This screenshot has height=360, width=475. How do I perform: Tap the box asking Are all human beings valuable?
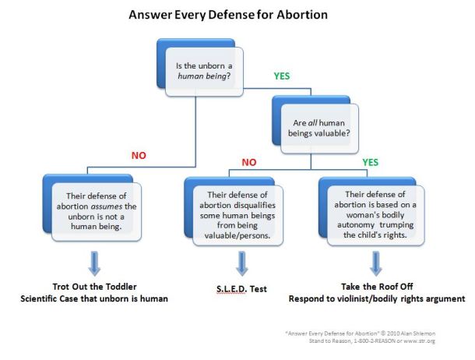click(322, 123)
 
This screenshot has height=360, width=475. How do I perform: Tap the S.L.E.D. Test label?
click(241, 289)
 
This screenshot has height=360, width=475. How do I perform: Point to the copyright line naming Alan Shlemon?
click(371, 332)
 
